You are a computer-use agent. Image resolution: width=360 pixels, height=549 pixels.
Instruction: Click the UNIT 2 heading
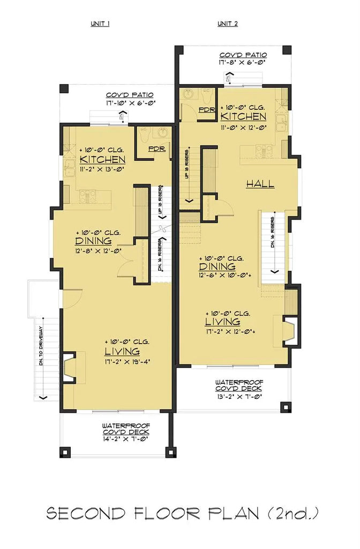[x=228, y=24]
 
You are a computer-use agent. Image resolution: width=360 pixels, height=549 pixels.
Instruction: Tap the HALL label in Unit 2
[x=260, y=184]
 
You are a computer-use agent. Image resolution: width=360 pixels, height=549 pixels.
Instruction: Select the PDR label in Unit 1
[x=156, y=149]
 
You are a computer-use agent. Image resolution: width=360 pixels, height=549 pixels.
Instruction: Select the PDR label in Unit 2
[x=207, y=109]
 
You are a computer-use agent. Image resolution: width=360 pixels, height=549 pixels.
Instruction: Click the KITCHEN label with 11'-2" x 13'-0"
[x=102, y=160]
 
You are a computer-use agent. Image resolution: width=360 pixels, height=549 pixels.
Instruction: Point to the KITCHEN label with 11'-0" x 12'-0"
[x=243, y=116]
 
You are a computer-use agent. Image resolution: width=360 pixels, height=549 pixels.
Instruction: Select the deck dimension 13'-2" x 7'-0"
[x=239, y=396]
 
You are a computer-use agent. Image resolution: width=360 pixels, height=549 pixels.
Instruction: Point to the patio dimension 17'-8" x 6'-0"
[x=243, y=63]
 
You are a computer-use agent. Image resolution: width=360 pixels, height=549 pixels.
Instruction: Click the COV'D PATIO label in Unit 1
[x=127, y=93]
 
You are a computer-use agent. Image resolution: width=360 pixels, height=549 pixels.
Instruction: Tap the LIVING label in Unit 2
[x=222, y=322]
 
